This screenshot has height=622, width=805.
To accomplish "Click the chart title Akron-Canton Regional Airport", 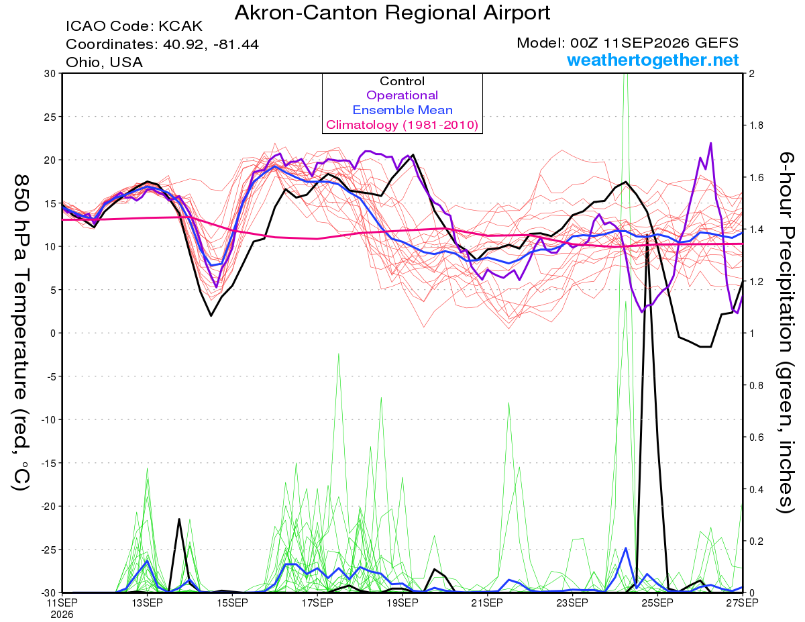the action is pyautogui.click(x=392, y=13).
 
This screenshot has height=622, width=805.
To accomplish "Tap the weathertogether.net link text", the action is pyautogui.click(x=653, y=60).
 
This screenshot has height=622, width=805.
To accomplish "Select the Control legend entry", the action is pyautogui.click(x=402, y=81).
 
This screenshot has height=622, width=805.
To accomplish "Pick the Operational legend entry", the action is pyautogui.click(x=402, y=95).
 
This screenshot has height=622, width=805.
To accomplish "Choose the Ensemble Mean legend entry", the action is pyautogui.click(x=402, y=110).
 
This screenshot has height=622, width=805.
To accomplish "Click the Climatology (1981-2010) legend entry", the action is pyautogui.click(x=402, y=125).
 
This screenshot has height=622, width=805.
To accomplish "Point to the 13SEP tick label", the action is pyautogui.click(x=147, y=603).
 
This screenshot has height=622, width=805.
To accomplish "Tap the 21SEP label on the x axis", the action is pyautogui.click(x=487, y=603).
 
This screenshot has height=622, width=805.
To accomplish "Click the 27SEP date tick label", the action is pyautogui.click(x=742, y=603).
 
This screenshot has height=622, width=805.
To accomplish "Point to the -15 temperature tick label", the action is pyautogui.click(x=48, y=463).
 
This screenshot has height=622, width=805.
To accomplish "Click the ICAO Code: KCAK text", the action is pyautogui.click(x=134, y=26).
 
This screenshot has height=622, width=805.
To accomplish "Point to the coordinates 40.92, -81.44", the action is pyautogui.click(x=211, y=44).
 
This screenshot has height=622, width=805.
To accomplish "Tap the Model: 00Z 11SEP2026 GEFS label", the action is pyautogui.click(x=627, y=43).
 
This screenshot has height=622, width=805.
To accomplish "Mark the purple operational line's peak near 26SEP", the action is pyautogui.click(x=711, y=143).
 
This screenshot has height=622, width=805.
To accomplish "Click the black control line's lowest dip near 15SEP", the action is pyautogui.click(x=211, y=315).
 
